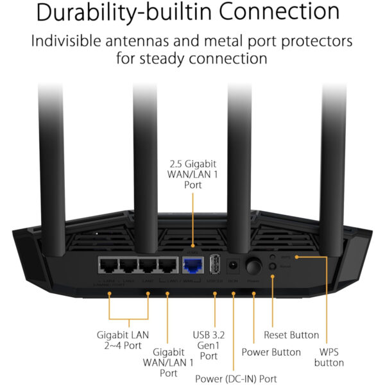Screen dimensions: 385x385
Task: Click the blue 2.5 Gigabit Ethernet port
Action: click(x=193, y=265)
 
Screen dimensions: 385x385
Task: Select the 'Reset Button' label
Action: click(x=291, y=335)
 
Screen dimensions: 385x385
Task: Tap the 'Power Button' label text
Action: click(x=271, y=352)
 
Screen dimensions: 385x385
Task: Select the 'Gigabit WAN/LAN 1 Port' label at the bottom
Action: click(x=168, y=362)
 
